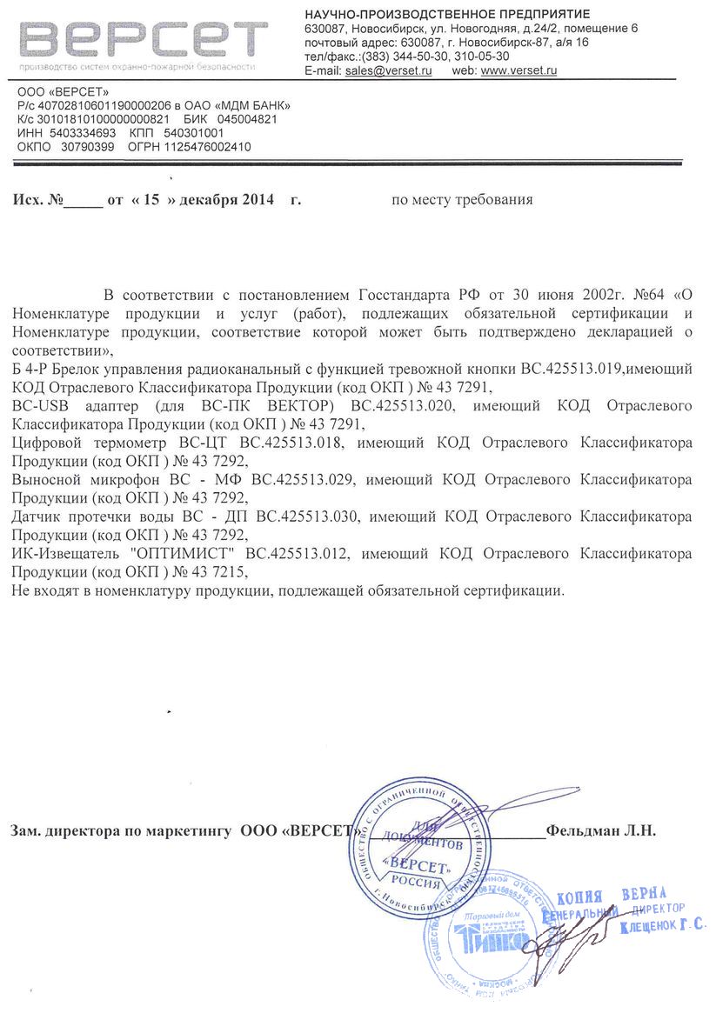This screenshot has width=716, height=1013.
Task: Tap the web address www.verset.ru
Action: tap(519, 70)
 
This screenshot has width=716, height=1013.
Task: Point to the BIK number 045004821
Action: tap(247, 119)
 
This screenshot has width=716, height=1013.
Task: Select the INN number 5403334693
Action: tap(84, 133)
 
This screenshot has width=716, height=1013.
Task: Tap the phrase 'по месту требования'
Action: tap(462, 200)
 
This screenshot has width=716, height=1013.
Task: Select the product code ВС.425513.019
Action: tap(571, 370)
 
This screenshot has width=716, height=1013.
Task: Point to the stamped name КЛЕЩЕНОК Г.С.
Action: tap(663, 928)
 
